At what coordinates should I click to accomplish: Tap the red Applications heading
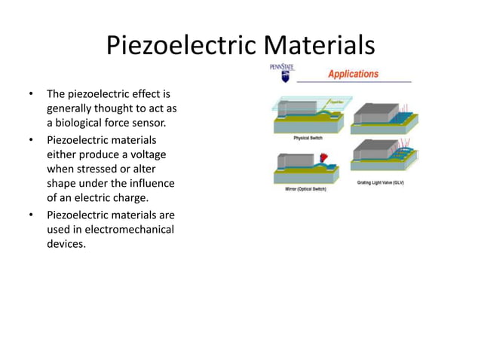pyautogui.click(x=352, y=74)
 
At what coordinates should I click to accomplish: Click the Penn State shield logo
pyautogui.click(x=283, y=75)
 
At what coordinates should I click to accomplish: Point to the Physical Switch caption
pyautogui.click(x=309, y=138)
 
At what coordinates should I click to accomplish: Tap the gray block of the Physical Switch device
pyautogui.click(x=293, y=108)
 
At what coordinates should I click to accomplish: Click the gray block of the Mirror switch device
pyautogui.click(x=291, y=160)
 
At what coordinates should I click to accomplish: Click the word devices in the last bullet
pyautogui.click(x=66, y=244)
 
